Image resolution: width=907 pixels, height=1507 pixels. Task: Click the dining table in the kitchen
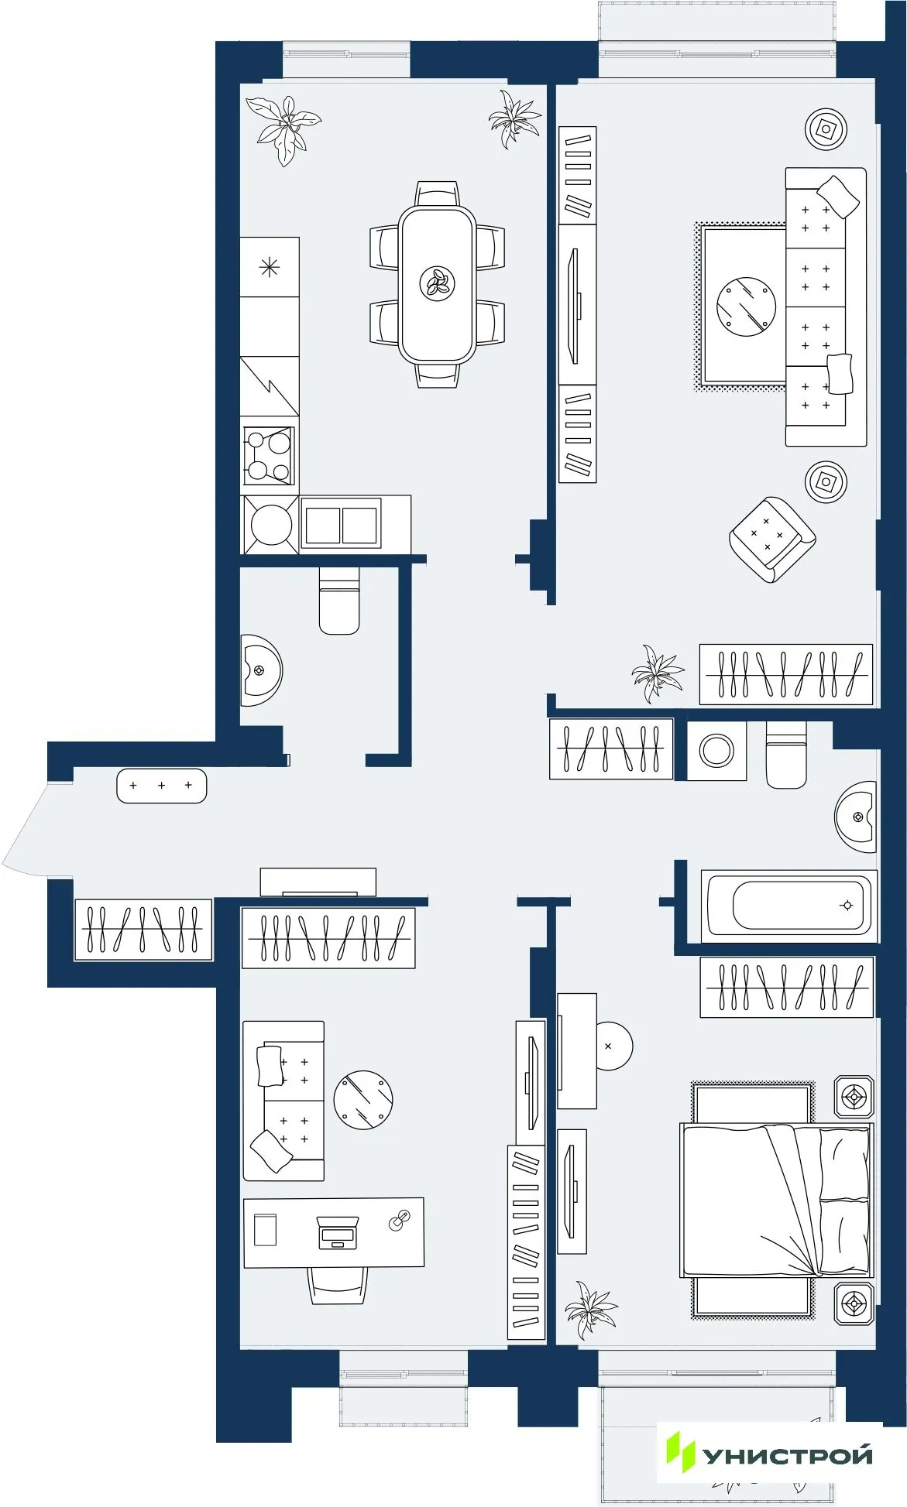point(437,284)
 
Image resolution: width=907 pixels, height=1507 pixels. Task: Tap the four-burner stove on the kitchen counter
point(269,456)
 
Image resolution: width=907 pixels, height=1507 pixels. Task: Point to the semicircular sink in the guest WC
point(259,670)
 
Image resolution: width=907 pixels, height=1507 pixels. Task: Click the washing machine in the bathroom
point(716,751)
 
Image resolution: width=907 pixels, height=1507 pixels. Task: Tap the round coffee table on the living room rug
point(746,307)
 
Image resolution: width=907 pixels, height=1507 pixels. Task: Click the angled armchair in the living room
point(771,539)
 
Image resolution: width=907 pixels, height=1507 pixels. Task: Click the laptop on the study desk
point(338,1232)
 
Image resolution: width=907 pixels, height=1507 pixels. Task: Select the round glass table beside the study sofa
point(363,1100)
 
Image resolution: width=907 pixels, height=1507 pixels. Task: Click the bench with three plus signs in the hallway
point(161,786)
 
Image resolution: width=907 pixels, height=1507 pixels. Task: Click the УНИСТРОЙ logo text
point(786,1456)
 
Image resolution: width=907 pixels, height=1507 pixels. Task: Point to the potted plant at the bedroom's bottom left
point(590,1311)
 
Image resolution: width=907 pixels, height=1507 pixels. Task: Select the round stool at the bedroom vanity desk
point(613,1046)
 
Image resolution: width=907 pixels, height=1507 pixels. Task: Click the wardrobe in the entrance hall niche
point(143,929)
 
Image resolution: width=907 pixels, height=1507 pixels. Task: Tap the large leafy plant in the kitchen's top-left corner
point(284,128)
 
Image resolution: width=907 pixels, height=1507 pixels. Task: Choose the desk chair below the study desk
point(338,1285)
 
